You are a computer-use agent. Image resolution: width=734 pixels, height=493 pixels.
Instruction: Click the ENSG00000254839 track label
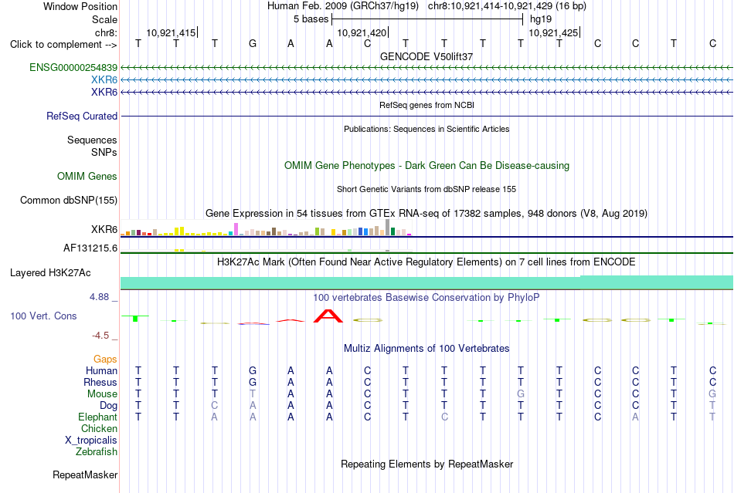[73, 68]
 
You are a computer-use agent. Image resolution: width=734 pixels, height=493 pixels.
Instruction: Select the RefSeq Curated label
[82, 116]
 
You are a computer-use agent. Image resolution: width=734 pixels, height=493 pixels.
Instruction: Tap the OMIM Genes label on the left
[87, 176]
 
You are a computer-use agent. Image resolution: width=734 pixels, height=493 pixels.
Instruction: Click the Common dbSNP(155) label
[69, 200]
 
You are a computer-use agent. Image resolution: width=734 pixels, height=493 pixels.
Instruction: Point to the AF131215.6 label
[90, 248]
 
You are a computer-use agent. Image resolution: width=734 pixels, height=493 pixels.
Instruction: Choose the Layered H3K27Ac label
[50, 273]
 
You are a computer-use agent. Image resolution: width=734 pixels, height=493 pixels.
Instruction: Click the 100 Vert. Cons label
[43, 316]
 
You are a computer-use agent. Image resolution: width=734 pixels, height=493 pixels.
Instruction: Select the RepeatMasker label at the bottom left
[85, 474]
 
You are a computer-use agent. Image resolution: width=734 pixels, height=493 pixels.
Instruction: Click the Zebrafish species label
[97, 452]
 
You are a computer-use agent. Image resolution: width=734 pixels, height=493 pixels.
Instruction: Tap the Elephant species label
[98, 417]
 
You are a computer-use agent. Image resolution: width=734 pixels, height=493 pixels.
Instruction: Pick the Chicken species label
[99, 428]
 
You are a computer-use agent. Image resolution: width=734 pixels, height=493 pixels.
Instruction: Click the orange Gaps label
[105, 359]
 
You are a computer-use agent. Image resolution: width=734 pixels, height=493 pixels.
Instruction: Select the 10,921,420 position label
[362, 32]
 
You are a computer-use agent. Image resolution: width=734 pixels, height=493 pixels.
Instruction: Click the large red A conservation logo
[328, 316]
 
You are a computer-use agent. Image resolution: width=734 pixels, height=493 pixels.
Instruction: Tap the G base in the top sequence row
[253, 44]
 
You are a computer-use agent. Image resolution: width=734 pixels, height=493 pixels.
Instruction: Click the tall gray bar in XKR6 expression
[388, 227]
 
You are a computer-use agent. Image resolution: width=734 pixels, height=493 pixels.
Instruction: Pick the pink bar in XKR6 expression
[236, 229]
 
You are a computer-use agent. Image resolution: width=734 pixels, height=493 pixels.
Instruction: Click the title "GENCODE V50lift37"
[426, 56]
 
